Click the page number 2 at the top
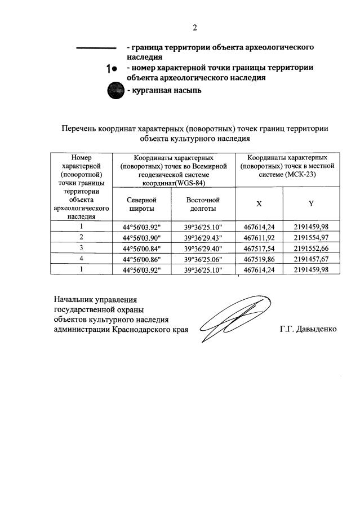pyautogui.click(x=195, y=28)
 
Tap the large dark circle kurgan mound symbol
pyautogui.click(x=115, y=91)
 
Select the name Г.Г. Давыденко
pyautogui.click(x=308, y=329)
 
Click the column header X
pyautogui.click(x=259, y=203)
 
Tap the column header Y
pyautogui.click(x=310, y=203)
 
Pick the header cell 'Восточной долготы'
pyautogui.click(x=203, y=204)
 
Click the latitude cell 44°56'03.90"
pyautogui.click(x=142, y=238)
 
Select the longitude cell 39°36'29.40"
pyautogui.click(x=203, y=249)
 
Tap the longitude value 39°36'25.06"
pyautogui.click(x=203, y=259)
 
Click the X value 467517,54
pyautogui.click(x=259, y=249)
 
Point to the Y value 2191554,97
pyautogui.click(x=310, y=238)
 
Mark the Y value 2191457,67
pyautogui.click(x=310, y=259)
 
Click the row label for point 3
pyautogui.click(x=81, y=249)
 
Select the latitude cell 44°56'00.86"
pyautogui.click(x=142, y=259)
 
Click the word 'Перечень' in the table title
pyautogui.click(x=79, y=128)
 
